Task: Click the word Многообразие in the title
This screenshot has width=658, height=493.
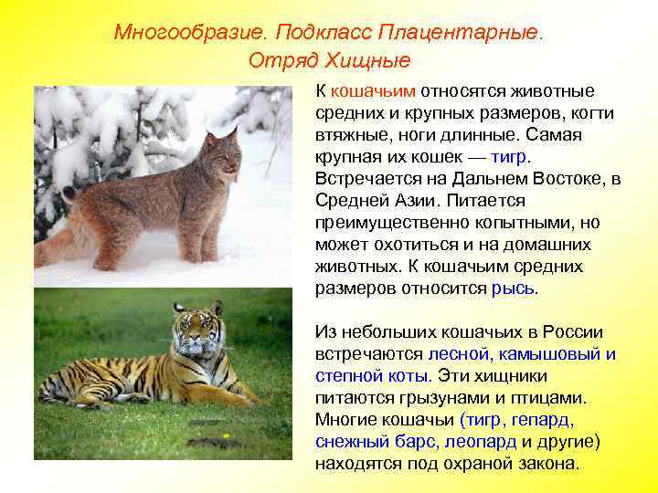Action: point(188,33)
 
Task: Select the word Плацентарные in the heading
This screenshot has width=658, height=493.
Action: point(465,33)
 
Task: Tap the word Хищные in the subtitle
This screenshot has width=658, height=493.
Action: point(372,61)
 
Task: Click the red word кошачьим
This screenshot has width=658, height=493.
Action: point(374,91)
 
